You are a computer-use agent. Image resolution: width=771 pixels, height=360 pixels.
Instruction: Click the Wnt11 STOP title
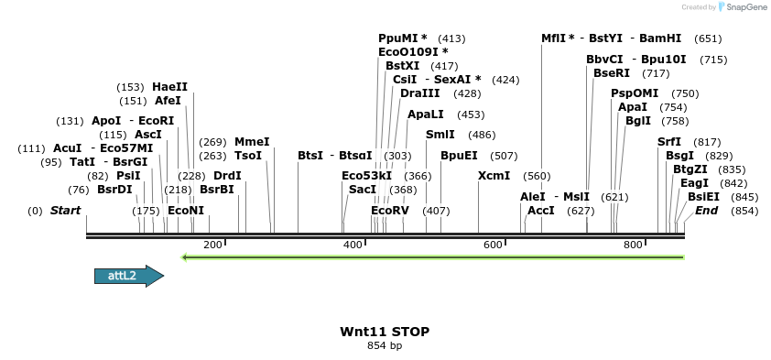point(385,331)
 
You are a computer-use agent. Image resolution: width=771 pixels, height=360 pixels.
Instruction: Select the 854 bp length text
point(385,345)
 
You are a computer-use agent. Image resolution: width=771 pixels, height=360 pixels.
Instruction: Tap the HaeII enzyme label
point(169,87)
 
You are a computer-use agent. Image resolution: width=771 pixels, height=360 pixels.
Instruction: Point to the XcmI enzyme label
point(494,175)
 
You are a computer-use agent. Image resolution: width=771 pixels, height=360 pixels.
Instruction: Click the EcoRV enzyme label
point(389,211)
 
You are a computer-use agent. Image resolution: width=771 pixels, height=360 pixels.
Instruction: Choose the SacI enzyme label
point(363,190)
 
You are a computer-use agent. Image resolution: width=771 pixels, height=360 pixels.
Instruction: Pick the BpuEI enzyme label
point(459,155)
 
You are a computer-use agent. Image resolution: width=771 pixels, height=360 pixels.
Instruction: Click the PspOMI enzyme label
point(635,93)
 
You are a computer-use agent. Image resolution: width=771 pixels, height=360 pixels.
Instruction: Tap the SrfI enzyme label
point(670,142)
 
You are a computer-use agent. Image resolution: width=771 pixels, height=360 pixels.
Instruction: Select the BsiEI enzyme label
point(703,196)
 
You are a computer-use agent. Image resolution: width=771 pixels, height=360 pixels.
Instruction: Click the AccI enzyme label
point(541,211)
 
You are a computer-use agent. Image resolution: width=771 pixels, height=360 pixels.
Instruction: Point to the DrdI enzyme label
point(227,175)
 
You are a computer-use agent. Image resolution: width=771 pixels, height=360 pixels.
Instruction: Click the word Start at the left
point(65,211)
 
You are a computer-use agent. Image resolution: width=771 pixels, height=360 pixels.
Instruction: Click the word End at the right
point(706,211)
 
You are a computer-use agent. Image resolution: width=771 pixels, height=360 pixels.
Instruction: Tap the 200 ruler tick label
point(212,245)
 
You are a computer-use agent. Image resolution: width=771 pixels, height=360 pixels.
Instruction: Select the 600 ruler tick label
point(493,245)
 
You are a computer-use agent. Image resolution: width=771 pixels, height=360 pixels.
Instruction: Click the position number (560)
point(537,176)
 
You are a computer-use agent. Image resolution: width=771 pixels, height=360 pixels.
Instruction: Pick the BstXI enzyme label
point(402,66)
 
